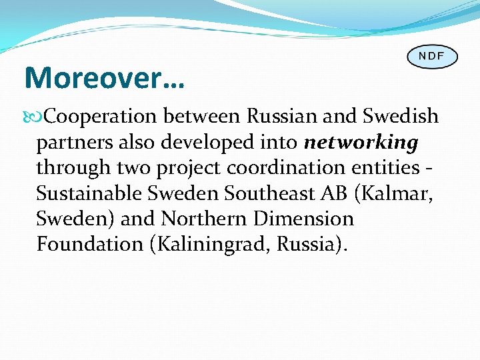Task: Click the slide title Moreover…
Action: pos(105,79)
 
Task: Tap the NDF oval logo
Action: pos(431,56)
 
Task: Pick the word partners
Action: pos(71,143)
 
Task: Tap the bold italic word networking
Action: pos(361,143)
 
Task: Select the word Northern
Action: pos(203,219)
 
